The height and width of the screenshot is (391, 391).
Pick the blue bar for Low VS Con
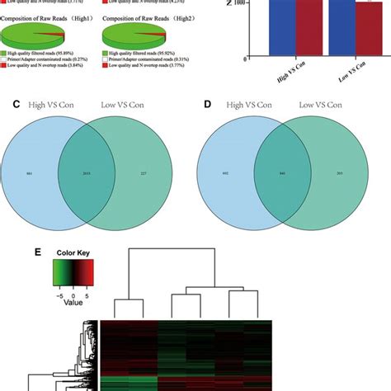point(340,29)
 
